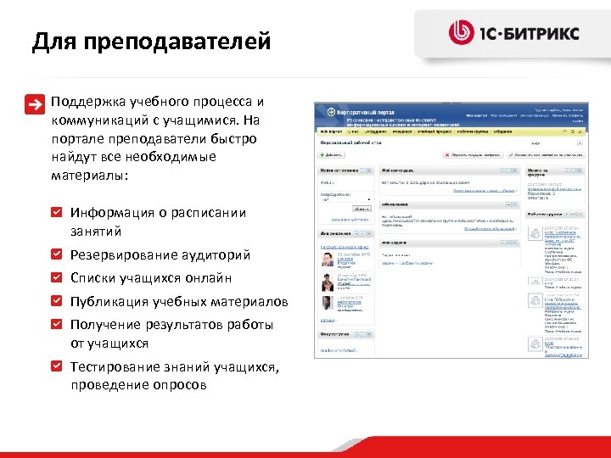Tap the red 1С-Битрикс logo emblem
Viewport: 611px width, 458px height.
[x=462, y=33]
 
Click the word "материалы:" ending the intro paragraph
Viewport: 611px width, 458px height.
[x=89, y=176]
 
